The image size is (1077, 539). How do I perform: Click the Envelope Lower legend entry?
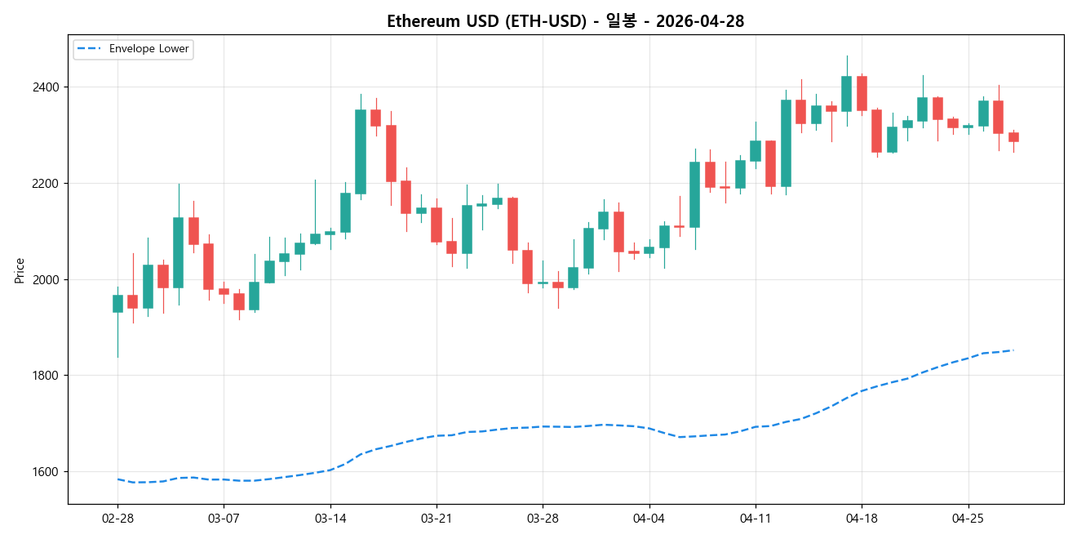[148, 49]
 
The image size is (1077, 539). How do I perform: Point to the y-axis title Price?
[20, 270]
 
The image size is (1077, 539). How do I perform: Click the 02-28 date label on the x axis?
[117, 519]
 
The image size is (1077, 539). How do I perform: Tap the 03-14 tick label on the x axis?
[330, 519]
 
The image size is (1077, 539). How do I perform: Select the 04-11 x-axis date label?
[755, 519]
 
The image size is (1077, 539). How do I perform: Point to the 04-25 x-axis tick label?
[968, 519]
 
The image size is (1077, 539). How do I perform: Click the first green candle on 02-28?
[117, 304]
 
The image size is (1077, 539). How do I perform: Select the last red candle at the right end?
[1013, 137]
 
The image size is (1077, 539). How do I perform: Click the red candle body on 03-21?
[437, 225]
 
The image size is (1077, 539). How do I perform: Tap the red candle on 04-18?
[862, 93]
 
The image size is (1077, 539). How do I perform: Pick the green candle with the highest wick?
[846, 94]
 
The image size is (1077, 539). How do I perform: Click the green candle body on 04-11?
[756, 151]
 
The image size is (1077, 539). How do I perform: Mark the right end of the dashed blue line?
[1013, 350]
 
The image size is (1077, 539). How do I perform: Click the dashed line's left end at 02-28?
[117, 479]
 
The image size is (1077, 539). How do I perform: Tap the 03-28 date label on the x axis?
[543, 519]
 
